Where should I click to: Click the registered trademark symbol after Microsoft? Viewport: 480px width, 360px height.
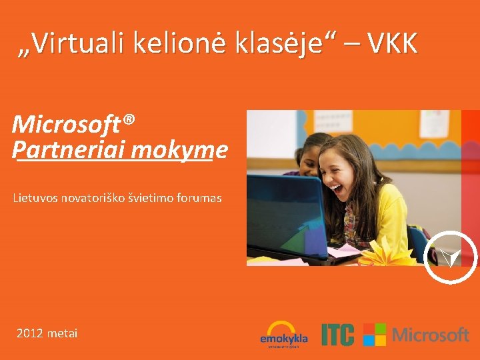pyautogui.click(x=129, y=120)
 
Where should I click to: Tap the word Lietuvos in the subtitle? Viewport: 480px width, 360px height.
pyautogui.click(x=35, y=198)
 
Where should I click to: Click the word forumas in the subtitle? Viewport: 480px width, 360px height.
pyautogui.click(x=198, y=198)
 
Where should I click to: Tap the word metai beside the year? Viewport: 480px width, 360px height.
pyautogui.click(x=63, y=333)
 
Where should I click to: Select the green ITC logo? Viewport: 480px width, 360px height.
pyautogui.click(x=337, y=335)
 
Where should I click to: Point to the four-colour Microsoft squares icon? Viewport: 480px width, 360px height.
pyautogui.click(x=375, y=335)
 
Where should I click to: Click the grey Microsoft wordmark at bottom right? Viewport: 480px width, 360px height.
pyautogui.click(x=431, y=335)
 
